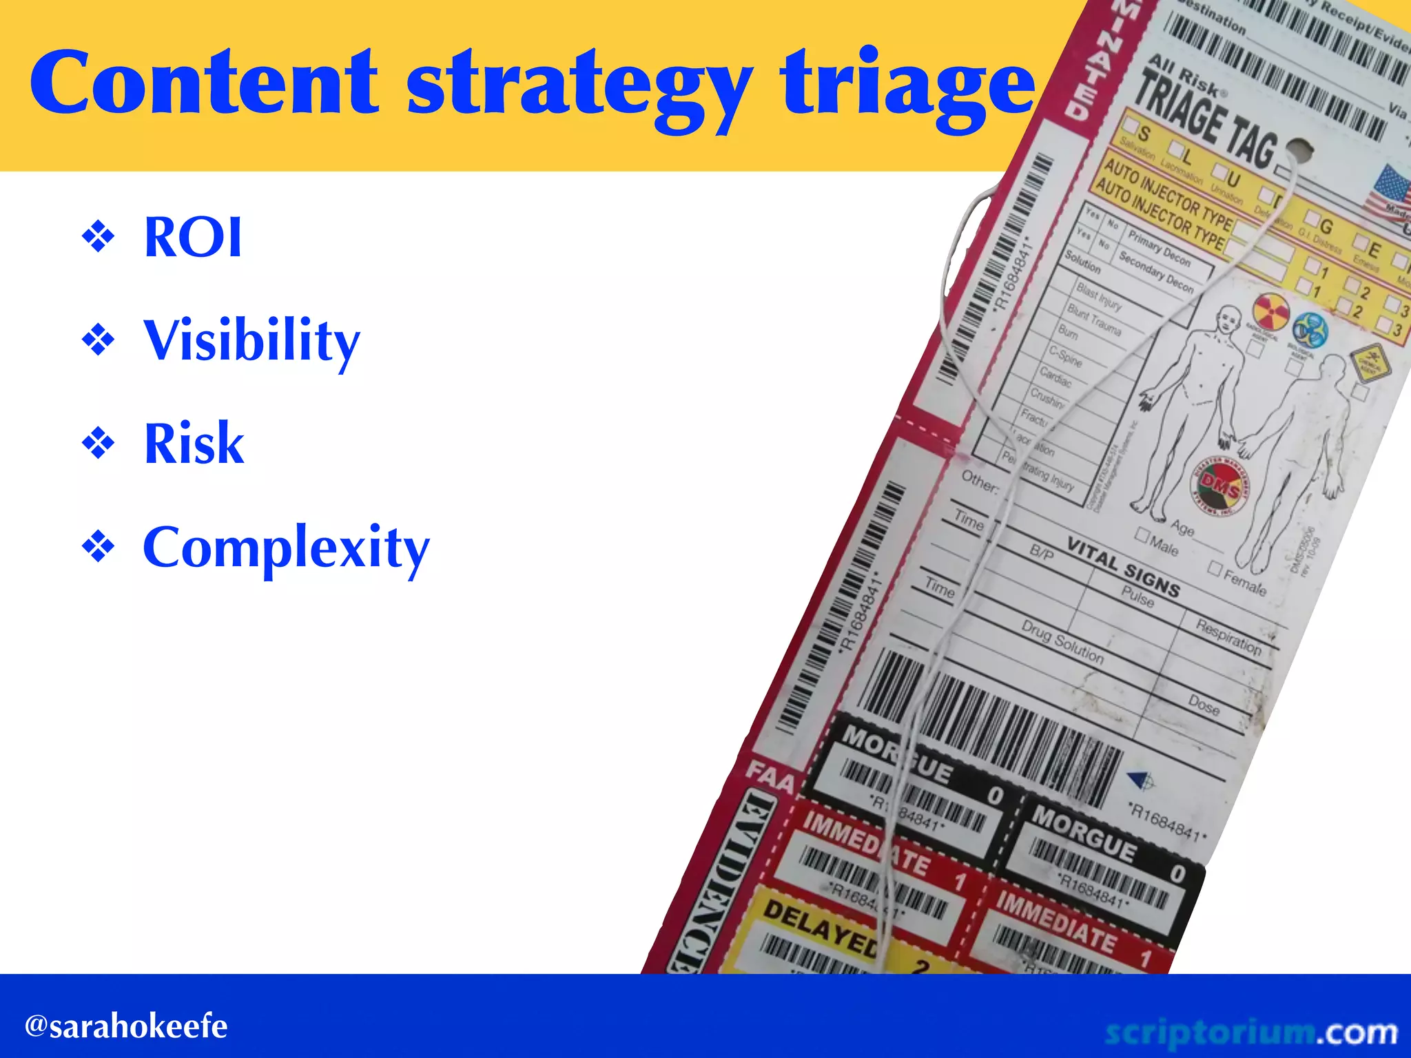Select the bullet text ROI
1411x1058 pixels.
click(x=193, y=238)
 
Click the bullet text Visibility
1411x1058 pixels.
click(x=251, y=341)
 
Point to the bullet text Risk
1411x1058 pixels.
click(x=194, y=444)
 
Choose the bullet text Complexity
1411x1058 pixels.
click(x=286, y=548)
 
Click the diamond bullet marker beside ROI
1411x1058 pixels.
click(x=99, y=237)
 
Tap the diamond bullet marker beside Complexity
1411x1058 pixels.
click(x=99, y=548)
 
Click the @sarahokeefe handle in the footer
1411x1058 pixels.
click(x=126, y=1027)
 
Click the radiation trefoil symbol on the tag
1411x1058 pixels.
click(x=1271, y=311)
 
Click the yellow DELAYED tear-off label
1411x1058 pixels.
click(x=820, y=926)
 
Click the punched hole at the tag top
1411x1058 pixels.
click(x=1299, y=149)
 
